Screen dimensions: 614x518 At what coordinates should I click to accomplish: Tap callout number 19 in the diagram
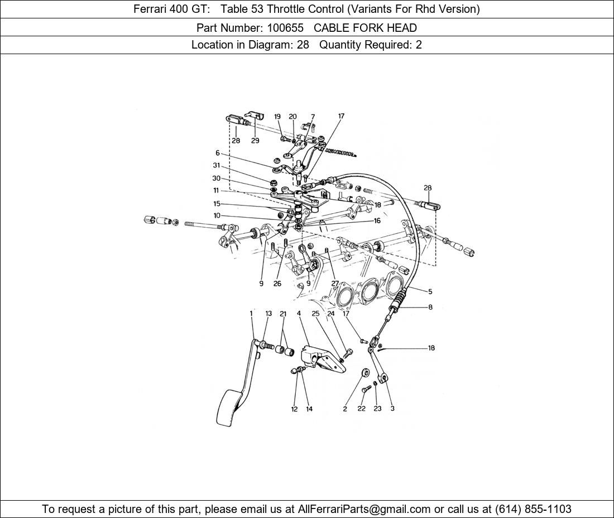pos(277,116)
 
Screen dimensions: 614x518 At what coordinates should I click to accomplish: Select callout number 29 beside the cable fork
pos(255,141)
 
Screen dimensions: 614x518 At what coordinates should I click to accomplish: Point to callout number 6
pos(218,153)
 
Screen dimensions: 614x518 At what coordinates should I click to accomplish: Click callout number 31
pos(217,165)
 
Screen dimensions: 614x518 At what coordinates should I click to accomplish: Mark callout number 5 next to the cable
pos(430,291)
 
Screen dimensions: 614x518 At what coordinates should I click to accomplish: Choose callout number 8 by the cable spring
pos(430,308)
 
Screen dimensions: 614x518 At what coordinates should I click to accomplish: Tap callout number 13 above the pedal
pos(268,314)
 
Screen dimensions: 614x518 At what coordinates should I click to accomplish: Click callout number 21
pos(283,314)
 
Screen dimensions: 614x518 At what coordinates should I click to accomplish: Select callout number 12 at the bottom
pos(294,409)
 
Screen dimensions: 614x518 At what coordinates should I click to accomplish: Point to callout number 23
pos(377,409)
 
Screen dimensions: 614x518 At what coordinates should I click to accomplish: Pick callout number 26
pos(277,284)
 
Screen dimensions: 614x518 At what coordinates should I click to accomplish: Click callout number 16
pos(377,221)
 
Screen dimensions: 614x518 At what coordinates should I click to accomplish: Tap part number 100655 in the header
pos(285,28)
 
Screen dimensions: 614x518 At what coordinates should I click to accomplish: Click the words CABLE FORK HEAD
pos(366,28)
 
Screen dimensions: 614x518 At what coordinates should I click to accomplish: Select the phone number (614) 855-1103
pos(533,509)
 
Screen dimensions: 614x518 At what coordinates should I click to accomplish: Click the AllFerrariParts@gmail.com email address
pos(364,509)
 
